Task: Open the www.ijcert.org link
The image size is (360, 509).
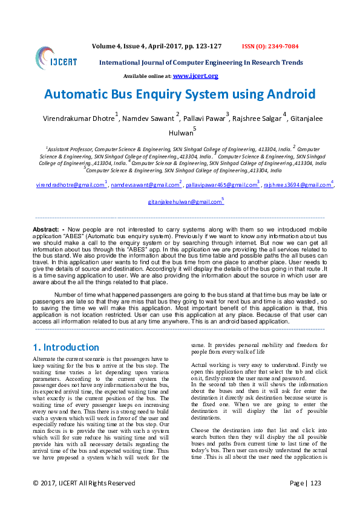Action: (x=195, y=76)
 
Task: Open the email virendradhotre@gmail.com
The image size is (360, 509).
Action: (x=70, y=185)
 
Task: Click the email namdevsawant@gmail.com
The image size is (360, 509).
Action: (x=145, y=185)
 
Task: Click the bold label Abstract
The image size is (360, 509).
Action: (x=45, y=230)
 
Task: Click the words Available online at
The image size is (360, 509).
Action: (x=147, y=77)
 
